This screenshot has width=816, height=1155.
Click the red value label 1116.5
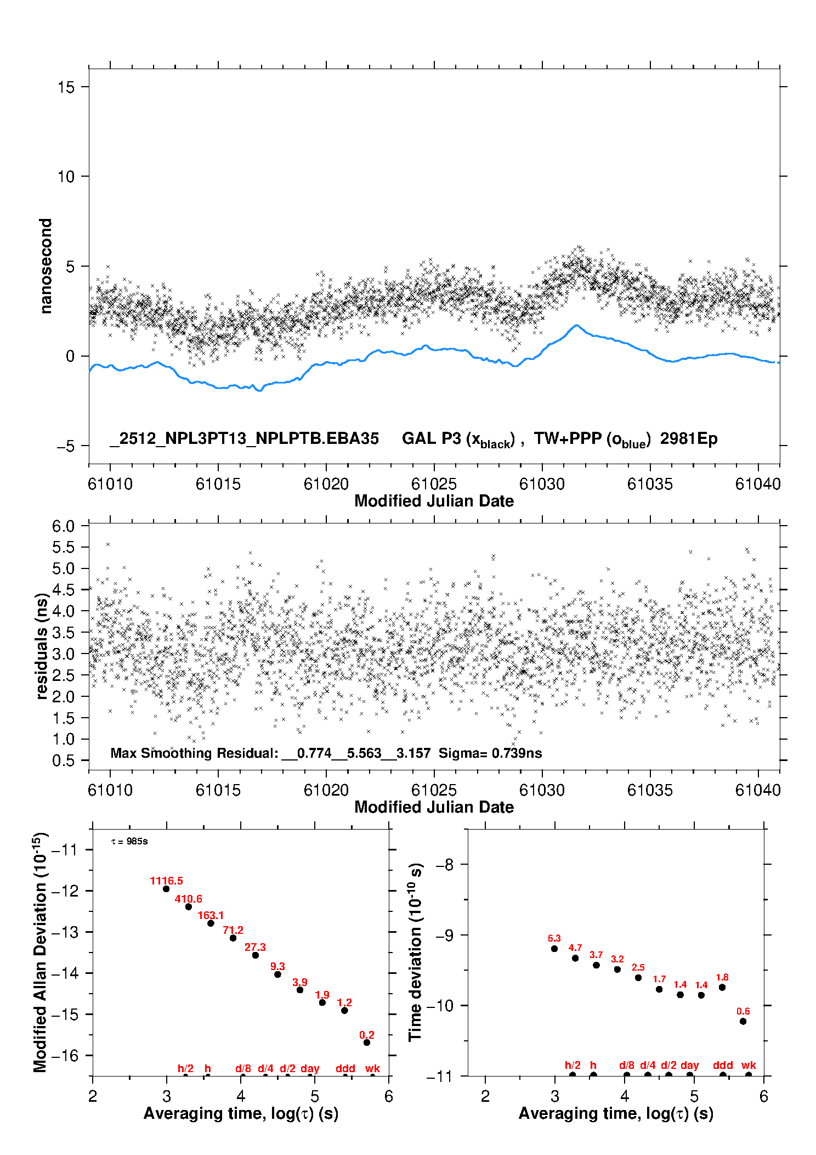click(x=166, y=881)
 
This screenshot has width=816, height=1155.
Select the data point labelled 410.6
click(x=188, y=906)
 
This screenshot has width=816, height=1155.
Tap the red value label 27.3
click(x=255, y=947)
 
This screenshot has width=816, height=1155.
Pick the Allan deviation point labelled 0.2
click(x=367, y=1043)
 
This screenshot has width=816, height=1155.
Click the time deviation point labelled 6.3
click(x=554, y=949)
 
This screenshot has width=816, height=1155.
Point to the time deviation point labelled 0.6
click(x=743, y=1021)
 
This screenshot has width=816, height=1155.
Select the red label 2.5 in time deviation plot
click(x=638, y=967)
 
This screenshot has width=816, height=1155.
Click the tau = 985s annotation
click(x=129, y=842)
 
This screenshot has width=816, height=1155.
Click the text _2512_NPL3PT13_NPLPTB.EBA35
click(x=245, y=439)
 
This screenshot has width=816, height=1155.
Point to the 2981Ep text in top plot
click(x=689, y=439)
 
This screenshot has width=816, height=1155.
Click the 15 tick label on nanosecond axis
click(x=66, y=87)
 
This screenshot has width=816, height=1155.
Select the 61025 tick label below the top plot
click(x=434, y=484)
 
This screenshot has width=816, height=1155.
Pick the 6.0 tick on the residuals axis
click(x=63, y=526)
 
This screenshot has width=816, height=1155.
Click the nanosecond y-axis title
click(x=46, y=266)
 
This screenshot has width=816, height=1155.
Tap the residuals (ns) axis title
click(x=42, y=646)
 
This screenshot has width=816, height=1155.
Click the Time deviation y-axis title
click(x=415, y=953)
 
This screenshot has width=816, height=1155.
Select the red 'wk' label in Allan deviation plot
click(x=372, y=1068)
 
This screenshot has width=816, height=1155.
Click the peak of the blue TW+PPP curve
click(x=576, y=325)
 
